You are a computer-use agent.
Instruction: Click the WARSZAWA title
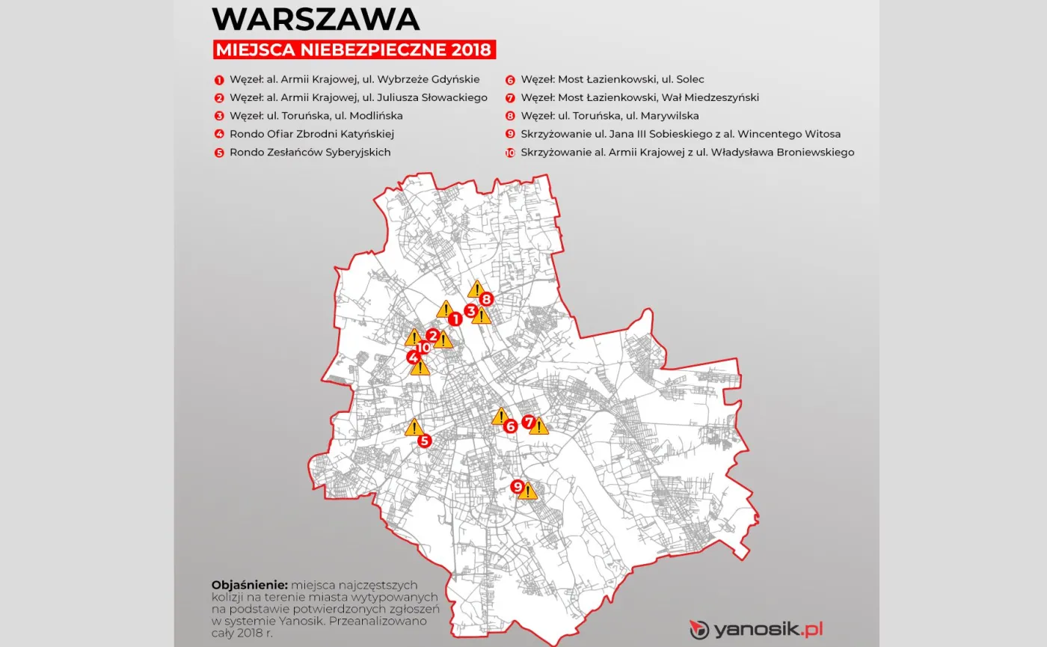pyautogui.click(x=316, y=19)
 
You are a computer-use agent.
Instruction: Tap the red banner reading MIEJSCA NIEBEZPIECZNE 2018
pyautogui.click(x=354, y=50)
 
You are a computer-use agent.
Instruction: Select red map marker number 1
pyautogui.click(x=454, y=319)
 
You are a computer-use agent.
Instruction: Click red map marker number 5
pyautogui.click(x=425, y=441)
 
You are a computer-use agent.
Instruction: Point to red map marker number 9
pyautogui.click(x=517, y=487)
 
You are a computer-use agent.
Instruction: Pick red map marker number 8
pyautogui.click(x=486, y=299)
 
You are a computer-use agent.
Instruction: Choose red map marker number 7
pyautogui.click(x=529, y=422)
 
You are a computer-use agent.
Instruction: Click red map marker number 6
pyautogui.click(x=511, y=426)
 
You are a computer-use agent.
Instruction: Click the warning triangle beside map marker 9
pyautogui.click(x=528, y=491)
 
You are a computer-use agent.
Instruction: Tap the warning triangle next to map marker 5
pyautogui.click(x=413, y=427)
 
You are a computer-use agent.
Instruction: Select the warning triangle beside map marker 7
pyautogui.click(x=538, y=426)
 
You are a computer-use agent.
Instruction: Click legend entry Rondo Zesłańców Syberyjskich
pyautogui.click(x=310, y=152)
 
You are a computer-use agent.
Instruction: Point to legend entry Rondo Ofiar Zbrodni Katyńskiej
pyautogui.click(x=311, y=134)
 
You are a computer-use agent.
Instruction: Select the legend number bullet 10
pyautogui.click(x=510, y=153)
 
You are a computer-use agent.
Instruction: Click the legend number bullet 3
pyautogui.click(x=219, y=116)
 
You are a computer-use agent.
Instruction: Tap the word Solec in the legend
pyautogui.click(x=690, y=79)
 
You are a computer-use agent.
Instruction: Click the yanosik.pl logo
pyautogui.click(x=755, y=629)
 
